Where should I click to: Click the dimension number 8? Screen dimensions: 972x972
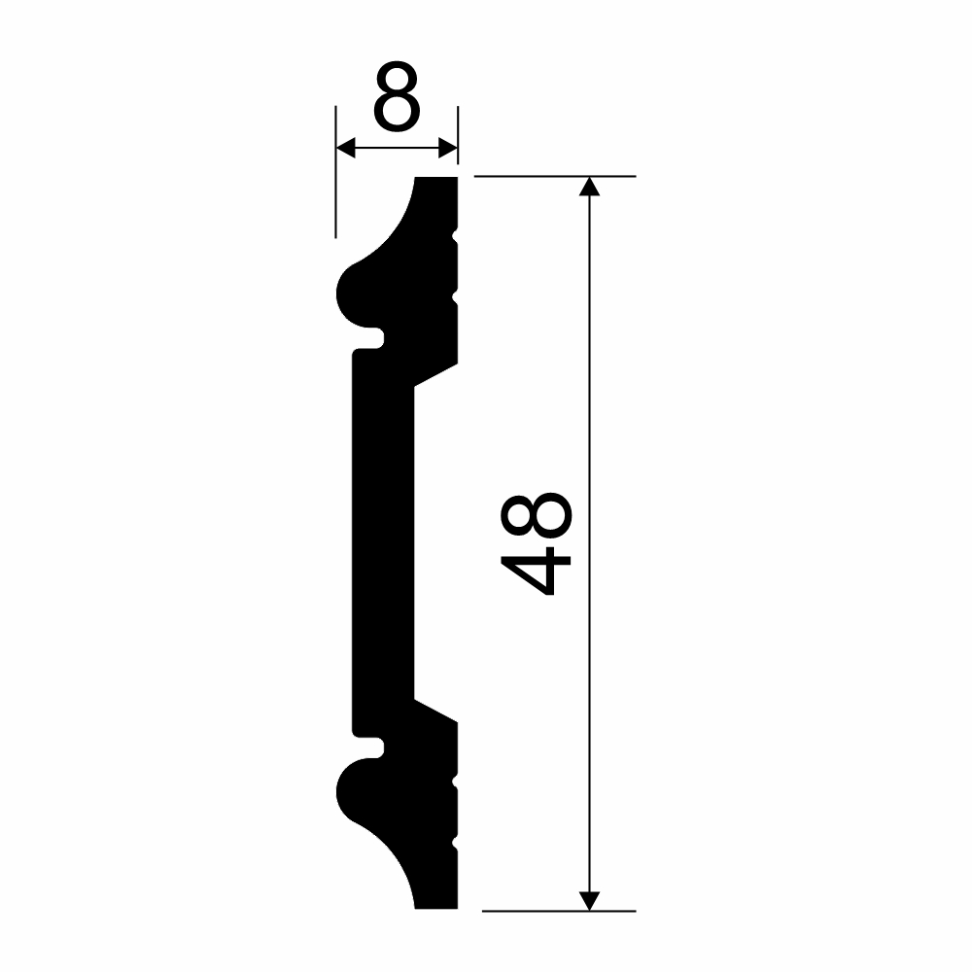397,96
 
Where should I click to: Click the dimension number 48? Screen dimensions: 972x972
536,543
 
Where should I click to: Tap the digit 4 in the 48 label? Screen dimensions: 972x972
536,571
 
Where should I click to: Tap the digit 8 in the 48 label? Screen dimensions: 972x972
536,515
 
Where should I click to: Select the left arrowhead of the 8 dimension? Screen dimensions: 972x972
345,148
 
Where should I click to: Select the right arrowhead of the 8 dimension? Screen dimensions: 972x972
447,148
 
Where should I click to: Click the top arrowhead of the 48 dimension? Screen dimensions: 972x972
589,186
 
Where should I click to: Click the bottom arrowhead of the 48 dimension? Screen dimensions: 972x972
589,901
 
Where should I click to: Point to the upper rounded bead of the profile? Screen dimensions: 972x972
357,295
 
